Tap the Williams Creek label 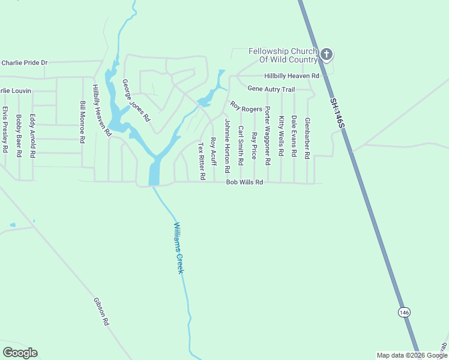(x=178, y=248)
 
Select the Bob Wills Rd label (x=244, y=182)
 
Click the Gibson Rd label (x=101, y=311)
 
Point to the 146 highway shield (x=404, y=312)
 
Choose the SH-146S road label (x=337, y=112)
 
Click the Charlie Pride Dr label (x=25, y=62)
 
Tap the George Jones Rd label (x=136, y=101)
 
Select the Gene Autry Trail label (x=271, y=89)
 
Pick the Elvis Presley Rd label (x=5, y=129)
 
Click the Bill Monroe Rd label (x=83, y=122)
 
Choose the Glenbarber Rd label (x=307, y=137)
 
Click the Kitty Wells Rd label (x=280, y=137)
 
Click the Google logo (x=20, y=353)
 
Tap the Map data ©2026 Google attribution (x=412, y=355)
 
